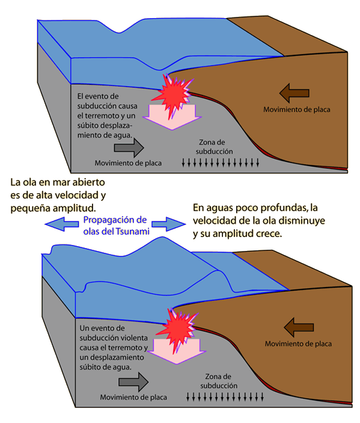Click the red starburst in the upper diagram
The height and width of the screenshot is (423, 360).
[x=174, y=94]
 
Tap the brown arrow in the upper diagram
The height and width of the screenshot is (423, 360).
[x=294, y=93]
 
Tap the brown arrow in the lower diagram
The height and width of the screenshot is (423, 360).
[x=299, y=327]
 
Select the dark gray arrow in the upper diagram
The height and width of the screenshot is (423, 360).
[x=129, y=147]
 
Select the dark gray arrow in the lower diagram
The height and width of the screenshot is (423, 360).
[x=133, y=382]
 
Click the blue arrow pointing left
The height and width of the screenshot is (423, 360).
[x=62, y=224]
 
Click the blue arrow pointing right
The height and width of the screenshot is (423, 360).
[x=169, y=224]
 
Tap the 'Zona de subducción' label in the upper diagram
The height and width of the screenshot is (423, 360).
[x=214, y=147]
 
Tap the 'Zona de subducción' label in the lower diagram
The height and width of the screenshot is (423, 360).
[x=219, y=381]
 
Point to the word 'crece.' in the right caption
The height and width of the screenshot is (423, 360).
[x=269, y=233]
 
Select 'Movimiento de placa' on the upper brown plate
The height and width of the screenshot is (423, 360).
[x=297, y=110]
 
